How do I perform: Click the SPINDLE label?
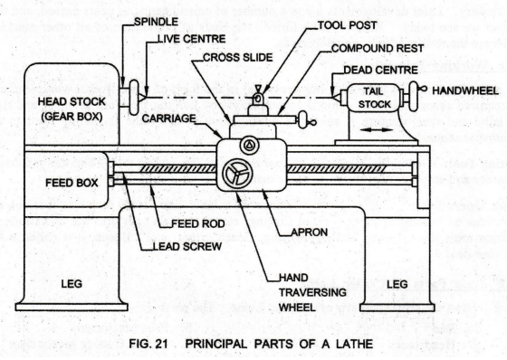click(156, 22)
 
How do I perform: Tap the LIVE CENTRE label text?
click(191, 39)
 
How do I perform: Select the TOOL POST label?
click(348, 25)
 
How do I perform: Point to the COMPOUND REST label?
click(378, 49)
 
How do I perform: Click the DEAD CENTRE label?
click(380, 71)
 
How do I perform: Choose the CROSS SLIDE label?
click(237, 58)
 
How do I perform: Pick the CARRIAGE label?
click(168, 118)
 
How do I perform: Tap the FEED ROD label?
click(198, 223)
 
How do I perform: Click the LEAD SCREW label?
click(187, 247)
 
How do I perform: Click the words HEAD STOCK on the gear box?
click(72, 102)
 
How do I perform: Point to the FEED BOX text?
click(72, 183)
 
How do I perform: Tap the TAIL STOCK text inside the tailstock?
click(375, 98)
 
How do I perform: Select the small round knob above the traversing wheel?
click(249, 145)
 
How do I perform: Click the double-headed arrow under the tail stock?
click(376, 130)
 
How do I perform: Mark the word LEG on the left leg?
click(72, 284)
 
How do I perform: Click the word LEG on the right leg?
click(397, 284)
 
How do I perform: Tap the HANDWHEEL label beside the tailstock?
click(465, 90)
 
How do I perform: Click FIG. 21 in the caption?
click(148, 344)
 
